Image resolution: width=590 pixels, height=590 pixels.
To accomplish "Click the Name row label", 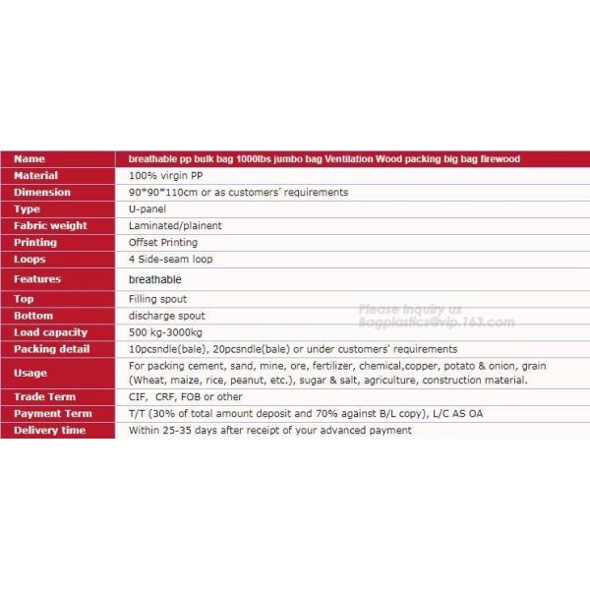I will click(x=29, y=158).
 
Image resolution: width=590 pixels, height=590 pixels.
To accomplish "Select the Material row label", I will click(x=36, y=175).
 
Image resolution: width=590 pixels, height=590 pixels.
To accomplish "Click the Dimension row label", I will click(x=42, y=193).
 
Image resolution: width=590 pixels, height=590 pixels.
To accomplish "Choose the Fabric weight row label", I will click(x=50, y=226).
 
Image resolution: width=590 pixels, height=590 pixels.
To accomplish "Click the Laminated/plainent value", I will click(x=175, y=226).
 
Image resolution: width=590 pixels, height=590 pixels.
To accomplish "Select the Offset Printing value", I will click(x=163, y=243).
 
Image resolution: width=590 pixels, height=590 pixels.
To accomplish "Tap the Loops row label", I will click(x=29, y=260).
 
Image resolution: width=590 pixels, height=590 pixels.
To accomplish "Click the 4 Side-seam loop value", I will click(x=171, y=260).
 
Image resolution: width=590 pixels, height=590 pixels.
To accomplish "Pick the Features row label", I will click(x=37, y=279).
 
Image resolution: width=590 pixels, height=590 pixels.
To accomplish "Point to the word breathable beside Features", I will click(x=155, y=279).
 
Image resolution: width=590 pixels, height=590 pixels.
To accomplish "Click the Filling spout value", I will click(x=157, y=299).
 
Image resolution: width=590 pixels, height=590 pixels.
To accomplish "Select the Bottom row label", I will click(x=33, y=316).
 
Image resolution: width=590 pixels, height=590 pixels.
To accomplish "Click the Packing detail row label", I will click(x=52, y=349).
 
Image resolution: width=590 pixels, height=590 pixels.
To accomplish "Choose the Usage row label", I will click(x=30, y=373).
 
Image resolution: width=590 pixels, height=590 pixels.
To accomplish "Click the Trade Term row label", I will click(x=44, y=397).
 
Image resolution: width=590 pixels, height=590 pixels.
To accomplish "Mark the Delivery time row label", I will click(x=50, y=431).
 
